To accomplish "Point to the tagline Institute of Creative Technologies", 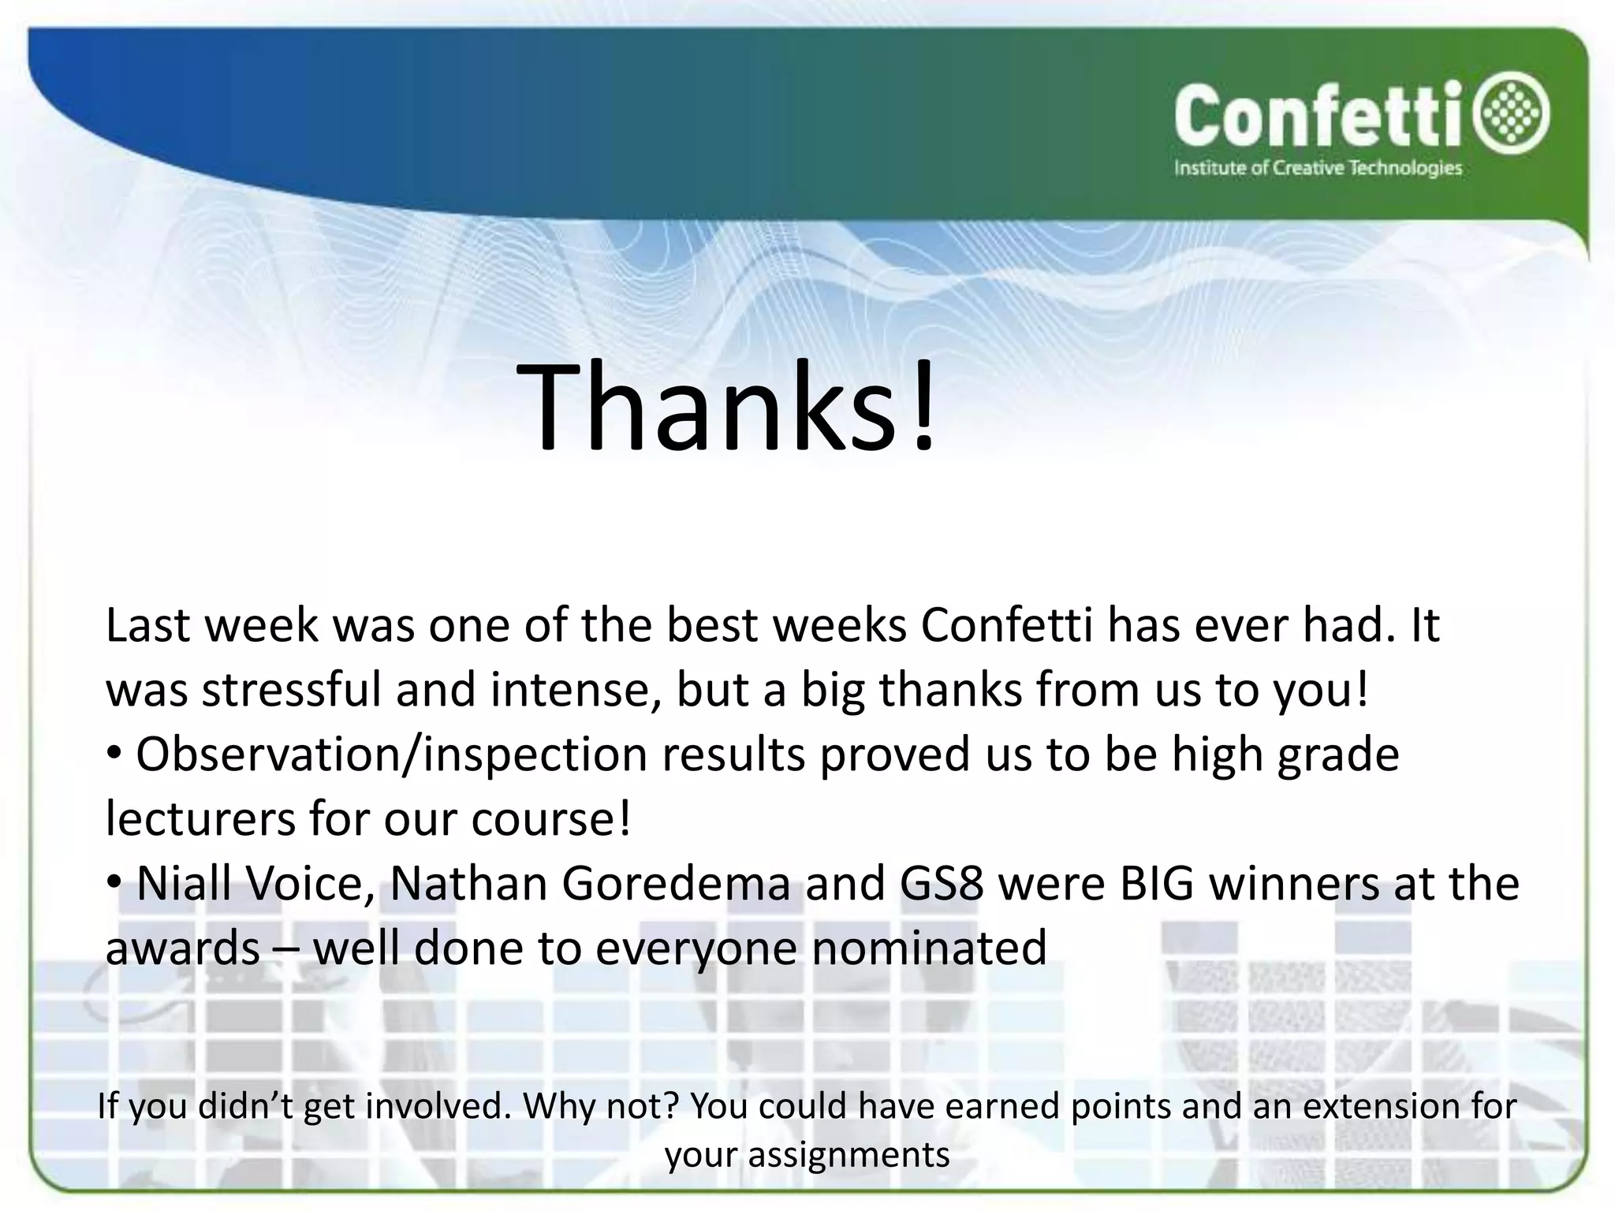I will [1318, 169].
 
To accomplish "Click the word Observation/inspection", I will [391, 755].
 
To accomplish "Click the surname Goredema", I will [676, 883].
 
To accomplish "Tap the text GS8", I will [942, 883].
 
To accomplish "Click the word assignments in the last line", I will [849, 1155].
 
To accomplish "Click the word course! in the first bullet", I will [551, 819].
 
